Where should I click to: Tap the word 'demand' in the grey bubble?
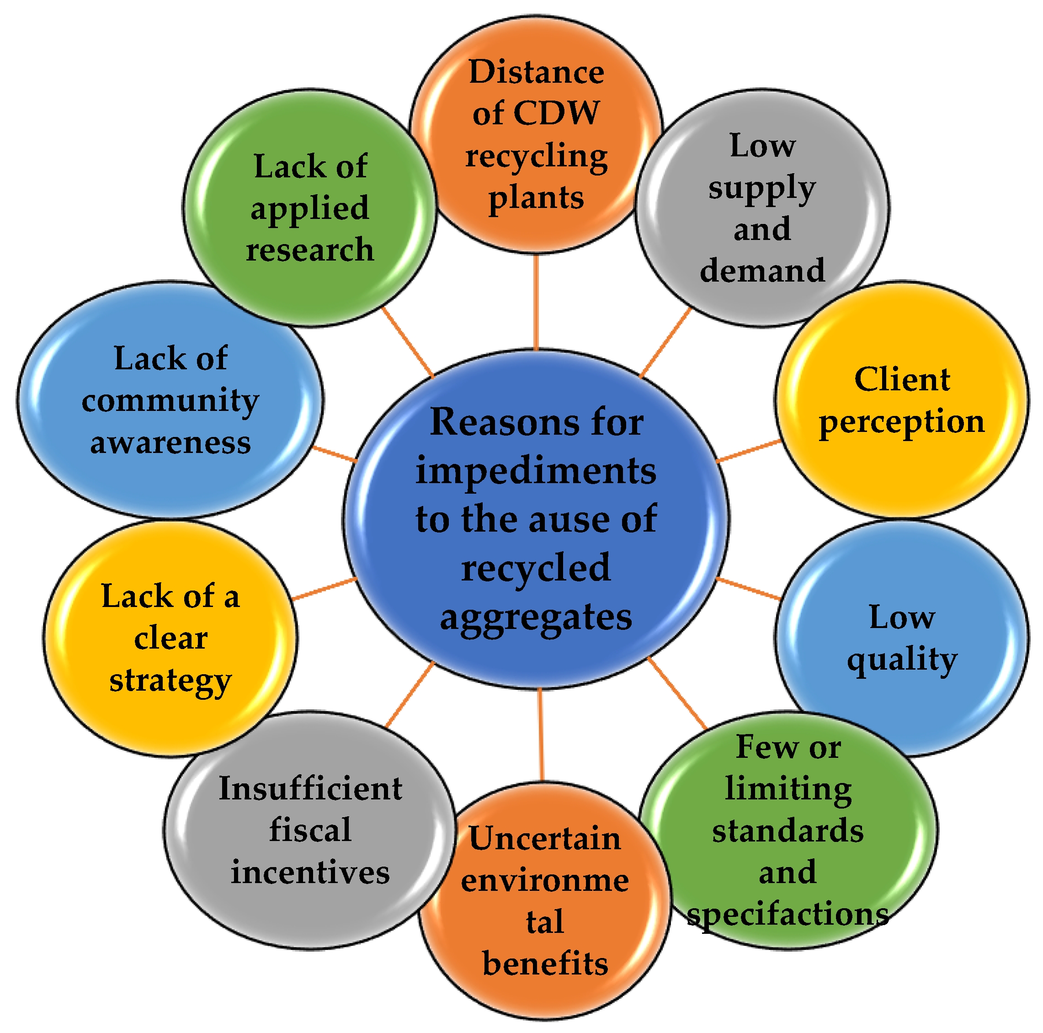tap(762, 270)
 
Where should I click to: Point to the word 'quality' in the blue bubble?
tap(902, 660)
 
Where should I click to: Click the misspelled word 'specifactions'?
tap(788, 915)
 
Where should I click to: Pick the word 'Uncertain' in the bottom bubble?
tap(545, 839)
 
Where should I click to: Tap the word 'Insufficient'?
tap(310, 789)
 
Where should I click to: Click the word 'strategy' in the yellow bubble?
tap(170, 681)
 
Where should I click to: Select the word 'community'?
tap(170, 402)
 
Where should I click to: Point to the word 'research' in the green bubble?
tap(310, 250)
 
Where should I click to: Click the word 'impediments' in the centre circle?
tap(536, 471)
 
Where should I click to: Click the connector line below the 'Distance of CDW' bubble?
tap(536, 303)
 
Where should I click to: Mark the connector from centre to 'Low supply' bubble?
tap(665, 343)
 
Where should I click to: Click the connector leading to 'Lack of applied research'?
tap(408, 343)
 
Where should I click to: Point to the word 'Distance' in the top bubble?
tap(536, 72)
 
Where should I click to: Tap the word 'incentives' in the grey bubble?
tap(310, 873)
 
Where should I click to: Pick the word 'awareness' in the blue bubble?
tap(170, 443)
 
